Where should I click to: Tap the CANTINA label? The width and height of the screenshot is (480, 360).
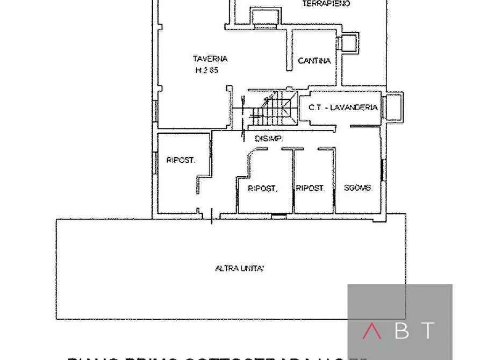314,61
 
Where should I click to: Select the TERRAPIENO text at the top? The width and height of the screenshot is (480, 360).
326,3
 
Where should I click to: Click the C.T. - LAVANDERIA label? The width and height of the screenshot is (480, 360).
343,107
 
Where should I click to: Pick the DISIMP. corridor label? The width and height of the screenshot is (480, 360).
269,139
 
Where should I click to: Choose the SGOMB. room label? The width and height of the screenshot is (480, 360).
358,189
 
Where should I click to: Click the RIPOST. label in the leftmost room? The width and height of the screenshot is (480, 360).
181,160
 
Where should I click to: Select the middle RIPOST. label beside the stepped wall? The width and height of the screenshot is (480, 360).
262,189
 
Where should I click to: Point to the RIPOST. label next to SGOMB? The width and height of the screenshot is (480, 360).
310,189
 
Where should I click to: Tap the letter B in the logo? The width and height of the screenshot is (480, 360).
402,331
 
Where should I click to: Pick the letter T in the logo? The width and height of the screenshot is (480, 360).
427,331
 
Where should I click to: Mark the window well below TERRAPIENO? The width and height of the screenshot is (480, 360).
266,19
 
